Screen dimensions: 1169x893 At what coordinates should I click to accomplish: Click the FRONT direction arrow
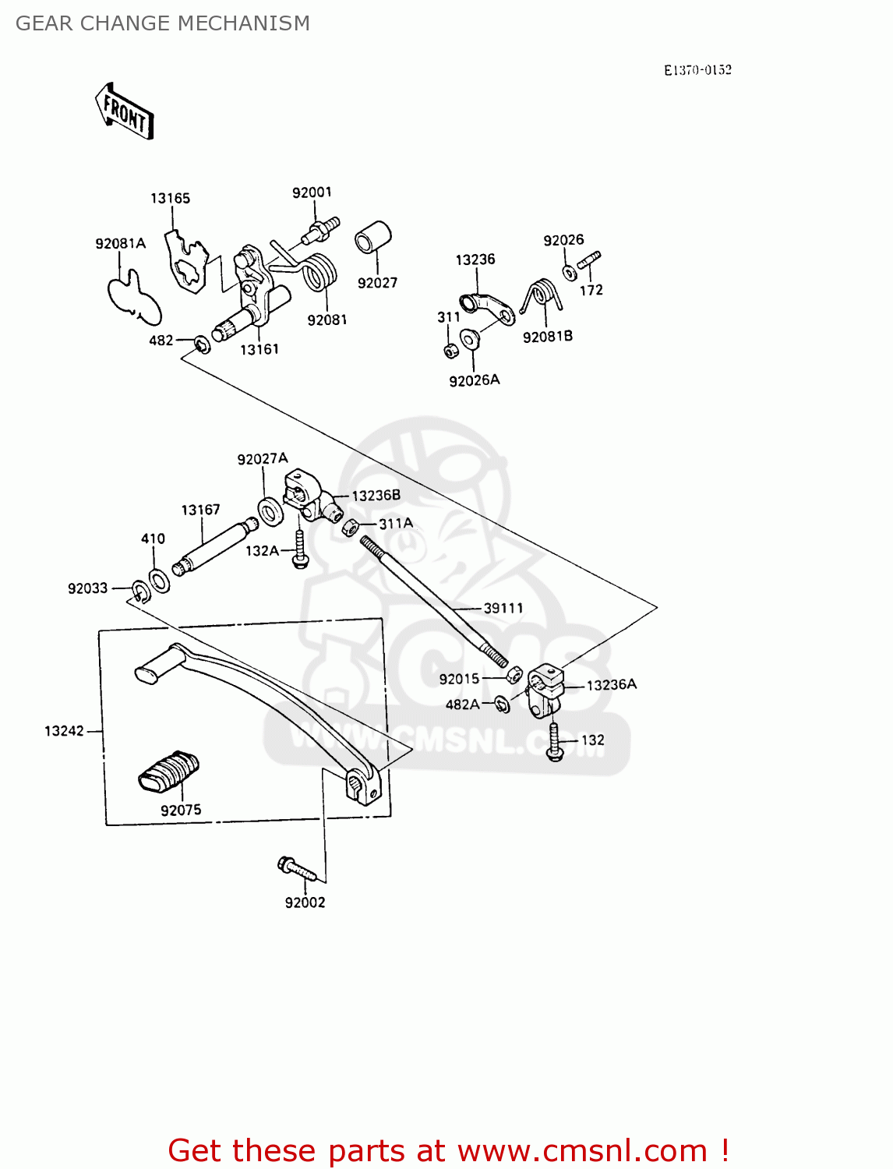click(124, 111)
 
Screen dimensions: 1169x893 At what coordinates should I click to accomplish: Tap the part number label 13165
click(170, 199)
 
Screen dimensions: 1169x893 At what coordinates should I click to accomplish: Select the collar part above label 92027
click(373, 237)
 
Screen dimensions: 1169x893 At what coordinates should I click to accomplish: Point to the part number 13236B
click(376, 496)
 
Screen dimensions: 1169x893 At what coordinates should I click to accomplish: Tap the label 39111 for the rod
click(503, 608)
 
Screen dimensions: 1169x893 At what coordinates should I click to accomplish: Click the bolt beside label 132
click(555, 741)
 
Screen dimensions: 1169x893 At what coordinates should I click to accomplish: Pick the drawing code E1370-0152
click(697, 70)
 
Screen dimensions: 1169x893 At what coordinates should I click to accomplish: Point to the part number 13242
click(64, 731)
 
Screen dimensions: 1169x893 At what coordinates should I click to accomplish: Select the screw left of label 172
click(590, 261)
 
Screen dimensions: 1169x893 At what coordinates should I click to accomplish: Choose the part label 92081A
click(120, 244)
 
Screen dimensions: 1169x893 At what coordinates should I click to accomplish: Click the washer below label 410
click(159, 581)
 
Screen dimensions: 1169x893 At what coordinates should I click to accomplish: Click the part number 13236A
click(612, 685)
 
